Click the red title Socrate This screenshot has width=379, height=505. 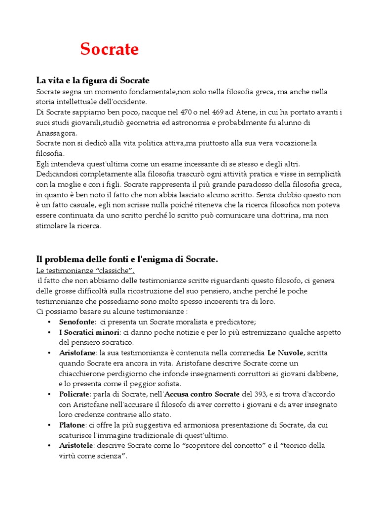tap(110, 49)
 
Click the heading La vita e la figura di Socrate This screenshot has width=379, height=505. tap(93, 80)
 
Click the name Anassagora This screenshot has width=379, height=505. tap(56, 133)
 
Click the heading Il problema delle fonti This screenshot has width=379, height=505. tap(127, 259)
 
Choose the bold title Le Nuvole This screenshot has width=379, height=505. tap(285, 353)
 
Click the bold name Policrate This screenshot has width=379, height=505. tap(74, 395)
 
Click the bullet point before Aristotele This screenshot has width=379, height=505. tap(49, 446)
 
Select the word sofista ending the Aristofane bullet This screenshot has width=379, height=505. tap(168, 384)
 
